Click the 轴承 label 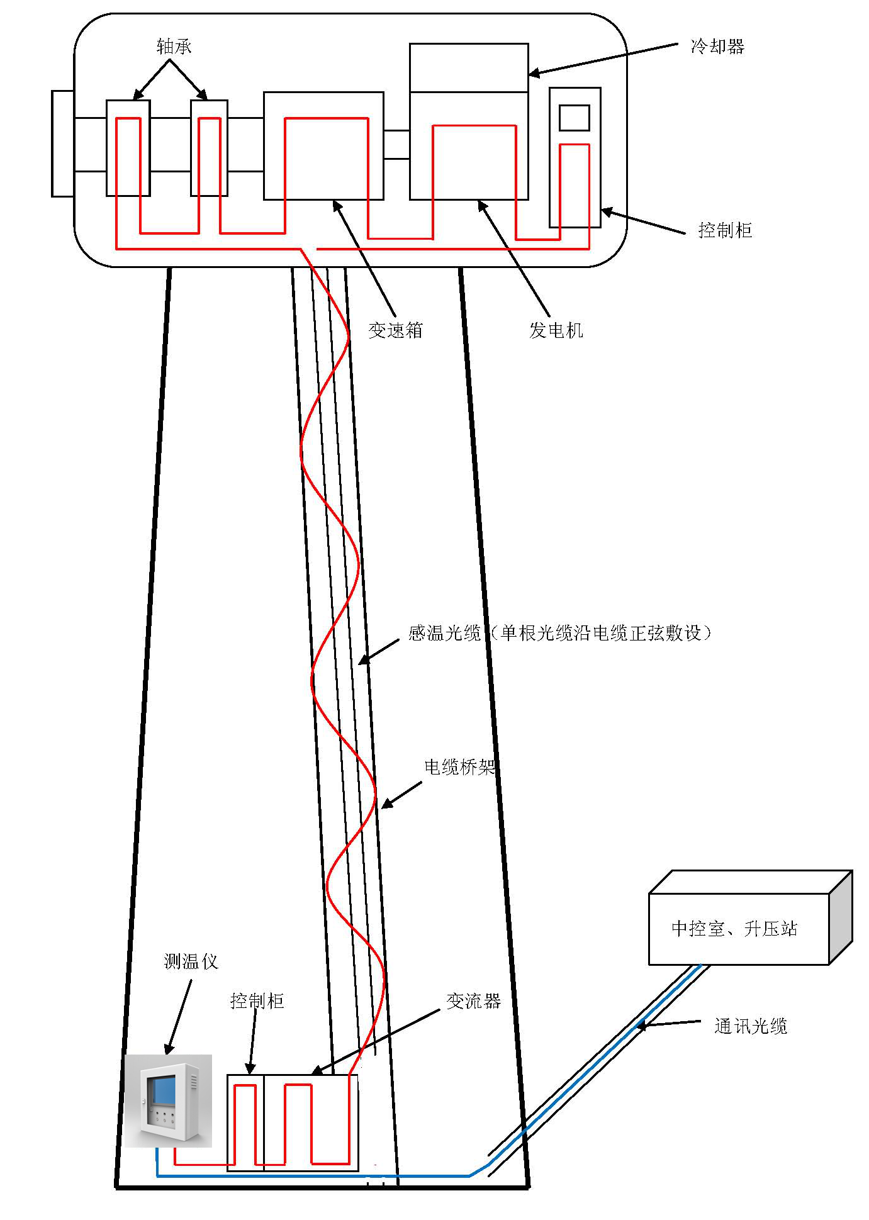174,47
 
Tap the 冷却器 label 717,47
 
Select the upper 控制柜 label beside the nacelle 725,230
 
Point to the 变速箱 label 395,330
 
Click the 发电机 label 556,330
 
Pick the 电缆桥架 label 459,767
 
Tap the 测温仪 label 191,961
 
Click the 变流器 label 473,1001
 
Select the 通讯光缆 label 751,1027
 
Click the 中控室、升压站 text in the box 734,929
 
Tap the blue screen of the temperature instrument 164,1090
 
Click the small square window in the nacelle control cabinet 575,118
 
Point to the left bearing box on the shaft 128,148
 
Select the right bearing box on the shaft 210,148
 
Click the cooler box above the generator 469,68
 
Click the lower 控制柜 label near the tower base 257,1001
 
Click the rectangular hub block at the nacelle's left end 62,143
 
